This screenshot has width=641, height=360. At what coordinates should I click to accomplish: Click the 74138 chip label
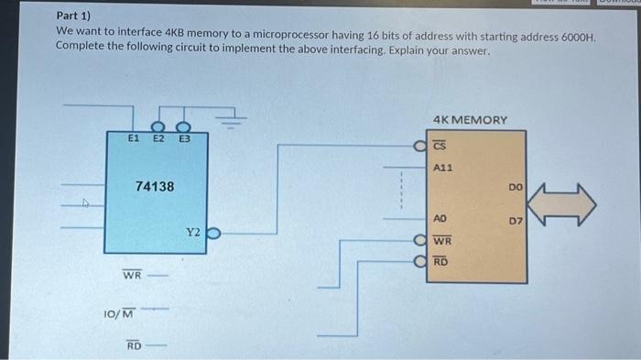tap(155, 186)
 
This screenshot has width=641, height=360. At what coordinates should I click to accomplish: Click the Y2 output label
tap(193, 233)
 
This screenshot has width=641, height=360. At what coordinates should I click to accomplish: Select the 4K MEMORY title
tap(471, 120)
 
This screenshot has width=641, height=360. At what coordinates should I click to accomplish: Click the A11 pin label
tap(442, 168)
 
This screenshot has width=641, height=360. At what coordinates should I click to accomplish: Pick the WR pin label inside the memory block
tap(441, 241)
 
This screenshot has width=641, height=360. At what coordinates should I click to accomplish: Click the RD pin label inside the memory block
tap(440, 262)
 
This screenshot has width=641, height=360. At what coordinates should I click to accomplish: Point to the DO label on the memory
tap(516, 188)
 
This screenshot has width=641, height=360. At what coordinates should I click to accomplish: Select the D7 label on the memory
tap(515, 221)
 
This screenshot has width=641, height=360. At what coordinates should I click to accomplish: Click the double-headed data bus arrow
tap(562, 202)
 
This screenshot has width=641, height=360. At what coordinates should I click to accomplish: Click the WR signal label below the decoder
tap(133, 275)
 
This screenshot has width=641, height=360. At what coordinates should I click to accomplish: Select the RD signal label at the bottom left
tap(134, 345)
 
